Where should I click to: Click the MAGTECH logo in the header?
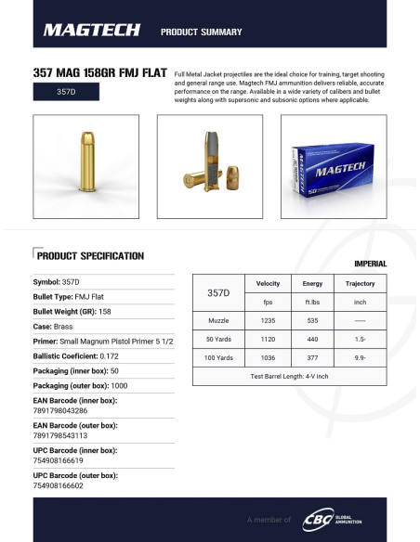coord(90,31)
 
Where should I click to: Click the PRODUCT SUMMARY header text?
coord(201,32)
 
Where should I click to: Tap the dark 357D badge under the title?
coord(66,93)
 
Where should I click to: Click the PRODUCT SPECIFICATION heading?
coord(89,255)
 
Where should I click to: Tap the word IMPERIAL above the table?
coord(370,264)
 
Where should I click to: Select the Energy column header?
coord(308,283)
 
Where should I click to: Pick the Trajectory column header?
coord(360,283)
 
